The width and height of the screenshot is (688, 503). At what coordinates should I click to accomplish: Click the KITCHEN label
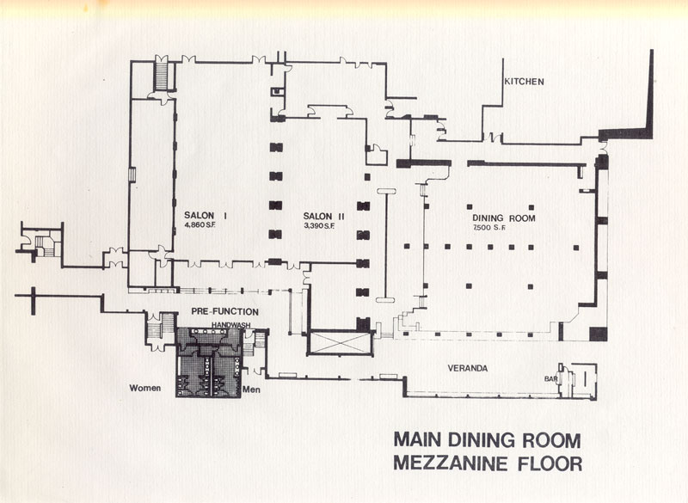[524, 82]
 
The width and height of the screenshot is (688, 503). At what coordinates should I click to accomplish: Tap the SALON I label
[200, 215]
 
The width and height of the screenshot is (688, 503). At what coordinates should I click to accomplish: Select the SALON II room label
[323, 216]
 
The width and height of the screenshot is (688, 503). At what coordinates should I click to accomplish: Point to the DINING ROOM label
[504, 218]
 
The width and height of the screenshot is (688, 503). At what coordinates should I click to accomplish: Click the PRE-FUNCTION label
[224, 312]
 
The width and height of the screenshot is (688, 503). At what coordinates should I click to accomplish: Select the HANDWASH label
[230, 325]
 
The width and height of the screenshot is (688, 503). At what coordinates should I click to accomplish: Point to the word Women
[144, 388]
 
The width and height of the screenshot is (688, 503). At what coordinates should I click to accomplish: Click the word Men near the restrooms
[251, 390]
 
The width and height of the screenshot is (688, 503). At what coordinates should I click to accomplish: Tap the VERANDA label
[467, 368]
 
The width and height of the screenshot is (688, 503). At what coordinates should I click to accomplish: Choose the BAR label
[550, 378]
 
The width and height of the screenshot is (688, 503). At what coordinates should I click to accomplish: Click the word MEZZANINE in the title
[453, 463]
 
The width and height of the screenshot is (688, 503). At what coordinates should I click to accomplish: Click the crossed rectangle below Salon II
[340, 342]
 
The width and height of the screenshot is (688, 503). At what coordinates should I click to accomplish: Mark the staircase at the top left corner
[162, 77]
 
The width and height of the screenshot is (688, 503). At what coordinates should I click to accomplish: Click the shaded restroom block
[209, 362]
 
